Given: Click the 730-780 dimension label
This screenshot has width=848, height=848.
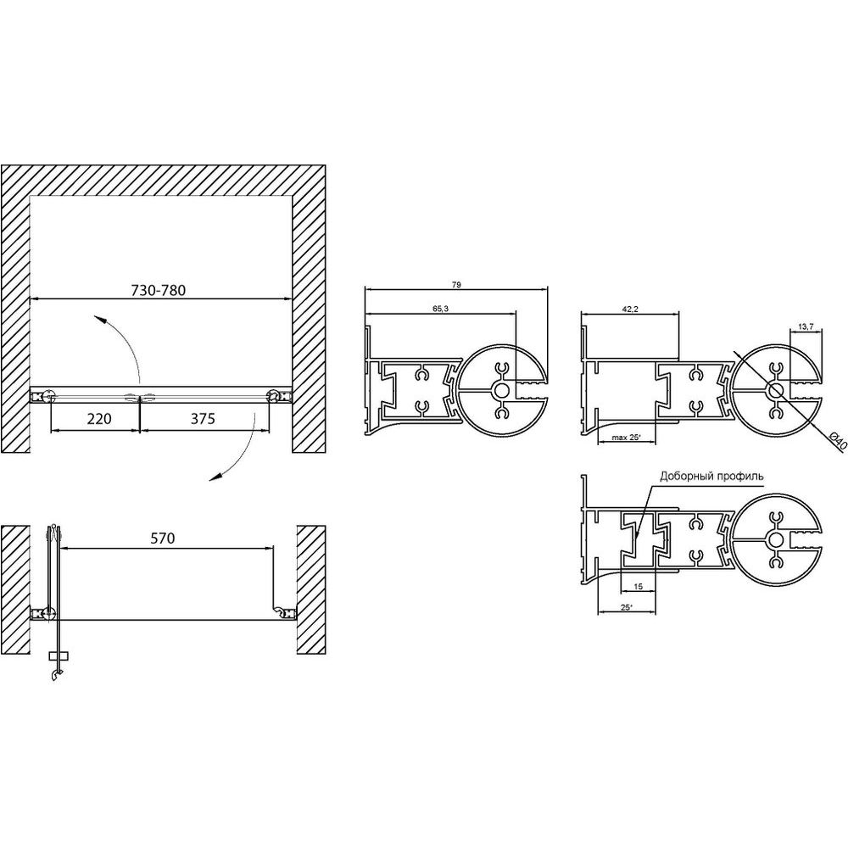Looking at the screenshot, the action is click(x=159, y=290).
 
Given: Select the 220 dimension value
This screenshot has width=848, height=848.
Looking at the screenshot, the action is click(x=99, y=418).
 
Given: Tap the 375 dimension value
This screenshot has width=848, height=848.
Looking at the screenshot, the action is click(x=203, y=418).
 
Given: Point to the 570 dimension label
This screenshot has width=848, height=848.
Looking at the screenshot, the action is click(x=163, y=538).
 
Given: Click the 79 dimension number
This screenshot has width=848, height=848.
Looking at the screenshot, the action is click(x=456, y=285).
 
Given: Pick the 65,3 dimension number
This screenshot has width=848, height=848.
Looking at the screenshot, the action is click(x=440, y=309).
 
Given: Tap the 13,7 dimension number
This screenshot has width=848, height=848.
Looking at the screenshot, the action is click(x=806, y=326).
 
